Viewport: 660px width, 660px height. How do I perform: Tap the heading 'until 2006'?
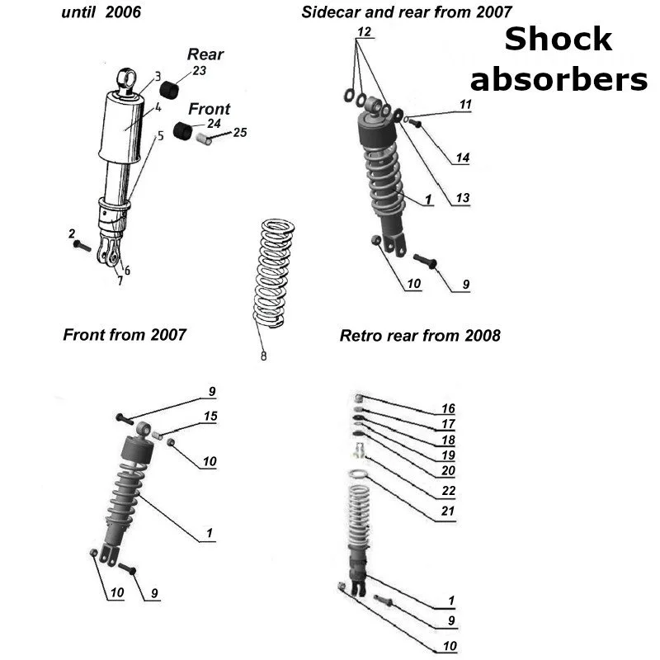101,12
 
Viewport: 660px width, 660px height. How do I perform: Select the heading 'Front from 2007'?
125,334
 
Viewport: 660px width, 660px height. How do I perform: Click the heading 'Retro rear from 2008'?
420,336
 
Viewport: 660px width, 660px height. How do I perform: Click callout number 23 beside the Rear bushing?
200,71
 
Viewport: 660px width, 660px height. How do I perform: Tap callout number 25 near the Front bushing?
240,132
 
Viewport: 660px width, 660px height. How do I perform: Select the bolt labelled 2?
80,245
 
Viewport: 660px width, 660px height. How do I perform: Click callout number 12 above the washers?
364,32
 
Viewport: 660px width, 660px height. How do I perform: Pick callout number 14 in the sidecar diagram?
462,158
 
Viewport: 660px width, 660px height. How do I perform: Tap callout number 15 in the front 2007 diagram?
210,417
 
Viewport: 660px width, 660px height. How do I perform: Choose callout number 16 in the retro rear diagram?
448,408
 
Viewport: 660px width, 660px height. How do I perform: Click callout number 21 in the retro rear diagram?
448,511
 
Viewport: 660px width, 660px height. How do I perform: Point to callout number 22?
448,491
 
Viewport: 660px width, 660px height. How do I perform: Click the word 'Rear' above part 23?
205,54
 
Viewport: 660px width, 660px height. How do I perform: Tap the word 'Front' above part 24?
210,109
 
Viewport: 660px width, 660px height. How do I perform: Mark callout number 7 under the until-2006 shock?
120,280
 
